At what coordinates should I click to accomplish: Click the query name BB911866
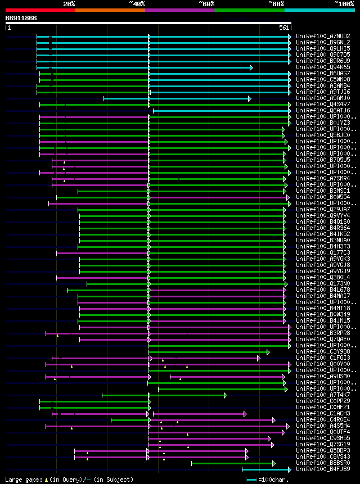(21, 18)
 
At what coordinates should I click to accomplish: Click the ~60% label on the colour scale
(206, 4)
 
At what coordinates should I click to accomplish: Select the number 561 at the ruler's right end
(284, 28)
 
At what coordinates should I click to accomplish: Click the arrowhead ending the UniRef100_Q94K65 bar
(251, 67)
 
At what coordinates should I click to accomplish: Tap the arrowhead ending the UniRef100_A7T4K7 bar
(226, 395)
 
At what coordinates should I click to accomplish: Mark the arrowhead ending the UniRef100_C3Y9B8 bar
(268, 352)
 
